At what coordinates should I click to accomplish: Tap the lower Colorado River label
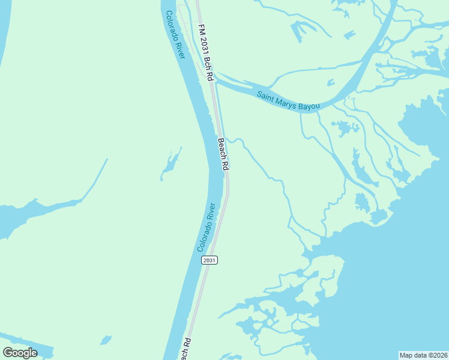point(206,227)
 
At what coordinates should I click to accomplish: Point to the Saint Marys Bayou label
point(288,100)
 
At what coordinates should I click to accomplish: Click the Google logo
point(20,353)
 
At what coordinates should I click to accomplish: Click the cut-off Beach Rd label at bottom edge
point(187,349)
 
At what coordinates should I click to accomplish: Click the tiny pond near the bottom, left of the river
point(106,340)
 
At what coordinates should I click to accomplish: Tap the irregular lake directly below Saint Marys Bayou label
point(344,127)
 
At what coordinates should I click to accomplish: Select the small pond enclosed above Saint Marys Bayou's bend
point(330,82)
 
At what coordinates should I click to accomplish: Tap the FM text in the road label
point(200,28)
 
